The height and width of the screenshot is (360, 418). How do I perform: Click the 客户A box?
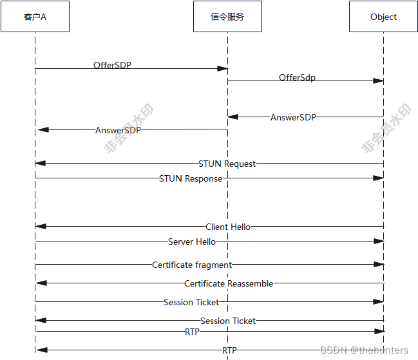[x=35, y=17]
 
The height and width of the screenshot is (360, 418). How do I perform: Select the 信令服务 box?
[x=227, y=17]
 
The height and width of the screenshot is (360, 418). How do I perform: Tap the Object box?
[x=383, y=17]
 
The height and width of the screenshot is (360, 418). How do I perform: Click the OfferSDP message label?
[x=112, y=65]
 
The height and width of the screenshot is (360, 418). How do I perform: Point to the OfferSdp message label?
[x=297, y=77]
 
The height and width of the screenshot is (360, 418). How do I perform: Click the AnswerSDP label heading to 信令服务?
[x=293, y=117]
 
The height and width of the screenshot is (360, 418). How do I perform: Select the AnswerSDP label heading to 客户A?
[x=118, y=129]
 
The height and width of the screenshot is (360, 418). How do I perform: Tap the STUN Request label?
[x=227, y=164]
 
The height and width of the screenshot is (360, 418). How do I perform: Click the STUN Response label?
[x=191, y=178]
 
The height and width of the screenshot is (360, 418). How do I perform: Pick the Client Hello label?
[x=228, y=227]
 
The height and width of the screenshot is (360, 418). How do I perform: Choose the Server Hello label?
[x=192, y=242]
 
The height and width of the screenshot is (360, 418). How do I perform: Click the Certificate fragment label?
[x=192, y=265]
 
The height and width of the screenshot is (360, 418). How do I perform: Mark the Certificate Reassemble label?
[x=229, y=283]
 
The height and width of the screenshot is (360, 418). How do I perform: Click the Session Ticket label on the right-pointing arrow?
[x=191, y=302]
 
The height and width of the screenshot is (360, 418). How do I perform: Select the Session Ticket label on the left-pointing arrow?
[x=228, y=321]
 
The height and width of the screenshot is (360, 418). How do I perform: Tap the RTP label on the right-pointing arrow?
[x=192, y=332]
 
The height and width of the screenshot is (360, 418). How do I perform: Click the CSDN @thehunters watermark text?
[x=364, y=350]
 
